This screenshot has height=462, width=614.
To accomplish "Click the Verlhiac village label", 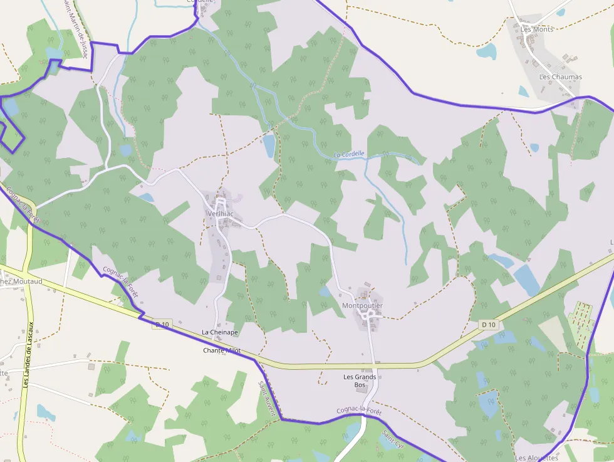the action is (x=219, y=214).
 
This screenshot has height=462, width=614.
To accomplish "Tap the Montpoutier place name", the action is (x=362, y=306).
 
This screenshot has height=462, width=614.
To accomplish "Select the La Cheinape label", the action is (x=219, y=332).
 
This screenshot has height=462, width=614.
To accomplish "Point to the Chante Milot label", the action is (x=222, y=350).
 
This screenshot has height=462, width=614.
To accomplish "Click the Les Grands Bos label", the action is (x=360, y=381).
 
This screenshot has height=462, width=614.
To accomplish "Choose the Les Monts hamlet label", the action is (x=537, y=29).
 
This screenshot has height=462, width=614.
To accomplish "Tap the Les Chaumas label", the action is (x=561, y=77).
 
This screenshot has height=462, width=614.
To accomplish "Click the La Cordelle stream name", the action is (x=349, y=154).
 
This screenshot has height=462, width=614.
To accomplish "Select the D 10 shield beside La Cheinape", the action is (x=162, y=324).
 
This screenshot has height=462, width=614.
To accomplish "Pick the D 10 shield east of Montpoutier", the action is (x=489, y=324).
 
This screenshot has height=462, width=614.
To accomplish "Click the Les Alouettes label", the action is (x=536, y=458).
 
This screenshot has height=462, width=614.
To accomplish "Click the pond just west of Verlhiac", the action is (x=146, y=197).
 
